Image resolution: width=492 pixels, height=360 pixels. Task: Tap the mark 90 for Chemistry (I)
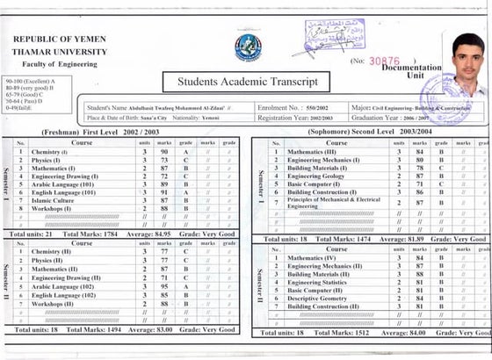[x=163, y=152]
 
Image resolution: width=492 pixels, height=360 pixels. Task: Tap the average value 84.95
[x=154, y=235]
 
